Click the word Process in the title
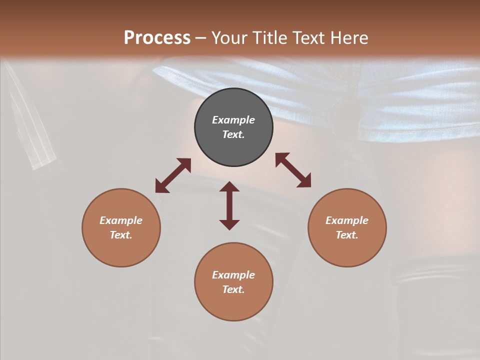(x=157, y=38)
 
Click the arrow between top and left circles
(x=173, y=175)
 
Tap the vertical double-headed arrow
(x=229, y=205)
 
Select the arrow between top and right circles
(x=293, y=170)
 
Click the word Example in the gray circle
(x=233, y=120)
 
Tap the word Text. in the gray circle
(x=233, y=134)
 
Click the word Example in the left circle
(x=121, y=220)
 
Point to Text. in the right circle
(x=347, y=235)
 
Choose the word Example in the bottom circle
(x=233, y=275)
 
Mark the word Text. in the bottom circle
(x=233, y=289)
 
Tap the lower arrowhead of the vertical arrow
(x=229, y=224)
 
